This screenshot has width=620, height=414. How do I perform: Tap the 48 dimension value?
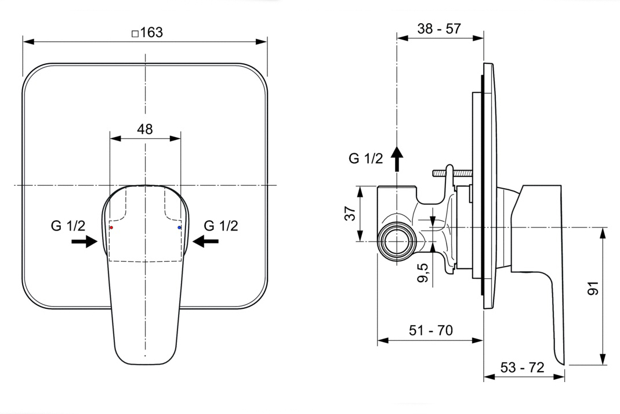145,129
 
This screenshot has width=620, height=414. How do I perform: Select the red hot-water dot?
111,228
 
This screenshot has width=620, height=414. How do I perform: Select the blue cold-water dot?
179,228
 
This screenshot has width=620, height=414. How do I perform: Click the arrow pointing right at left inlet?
84,242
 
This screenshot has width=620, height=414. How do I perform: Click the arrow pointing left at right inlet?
206,242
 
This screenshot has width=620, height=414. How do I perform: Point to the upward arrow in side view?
397,159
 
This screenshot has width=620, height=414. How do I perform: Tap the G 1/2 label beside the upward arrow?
366,159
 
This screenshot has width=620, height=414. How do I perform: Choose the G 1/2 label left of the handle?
68,226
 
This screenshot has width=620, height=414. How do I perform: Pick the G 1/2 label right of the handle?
221,226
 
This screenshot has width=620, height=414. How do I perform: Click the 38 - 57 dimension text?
439,28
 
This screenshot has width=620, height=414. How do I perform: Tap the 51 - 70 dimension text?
430,330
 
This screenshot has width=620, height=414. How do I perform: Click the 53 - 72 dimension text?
522,368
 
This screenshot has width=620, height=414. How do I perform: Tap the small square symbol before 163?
135,34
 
